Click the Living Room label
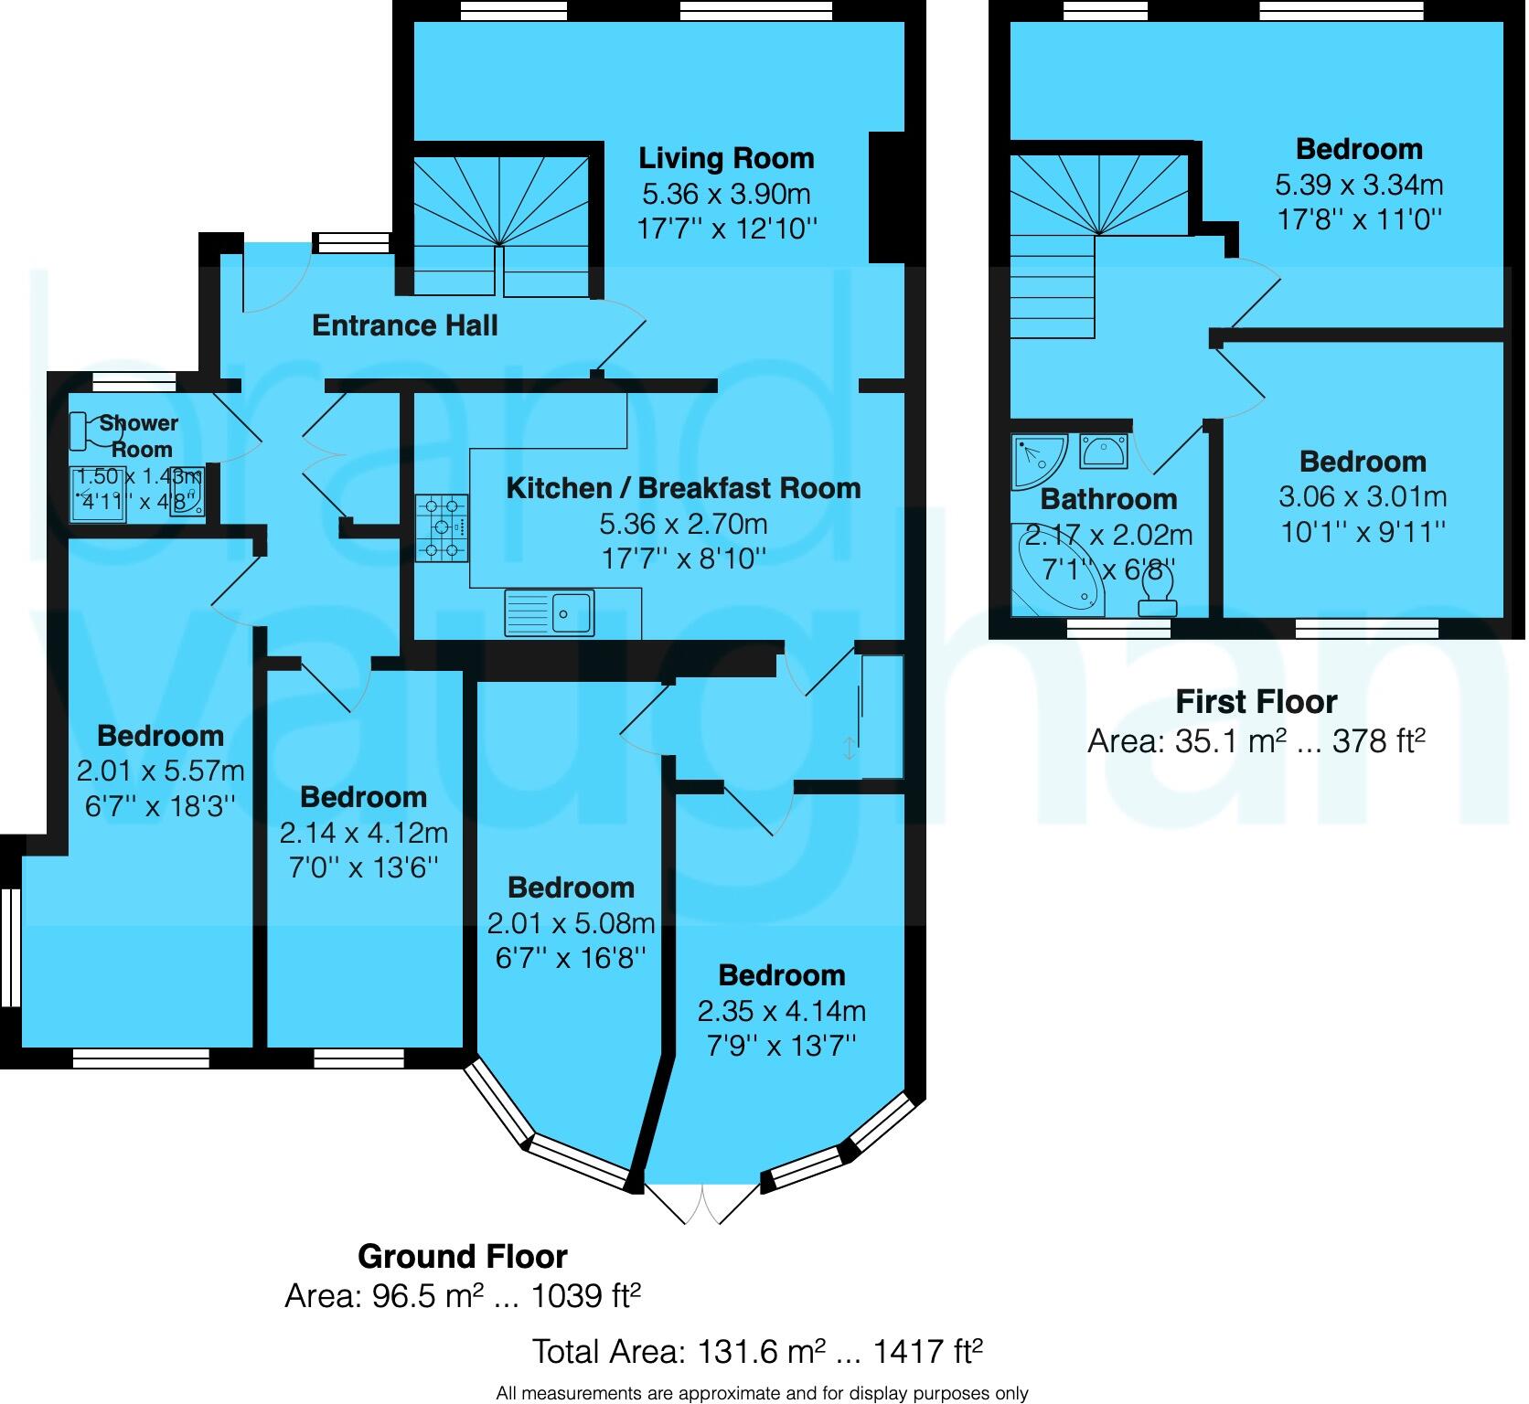click(x=726, y=158)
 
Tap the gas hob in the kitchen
click(x=443, y=527)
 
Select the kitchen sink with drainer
click(x=550, y=612)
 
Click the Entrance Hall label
click(x=405, y=325)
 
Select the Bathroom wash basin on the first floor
click(x=1104, y=450)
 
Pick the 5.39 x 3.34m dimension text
click(x=1359, y=185)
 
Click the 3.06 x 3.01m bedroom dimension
click(x=1363, y=496)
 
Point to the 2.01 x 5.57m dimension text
click(x=160, y=771)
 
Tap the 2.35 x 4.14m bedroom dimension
click(x=782, y=1010)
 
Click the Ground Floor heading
click(x=462, y=1257)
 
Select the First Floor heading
click(x=1256, y=701)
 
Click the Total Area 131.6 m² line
click(x=757, y=1351)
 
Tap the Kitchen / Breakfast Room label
click(x=683, y=488)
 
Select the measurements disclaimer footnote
click(x=762, y=1393)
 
